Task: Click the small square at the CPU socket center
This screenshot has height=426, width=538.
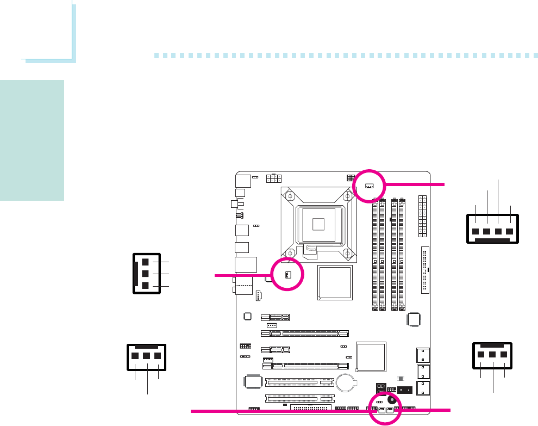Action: click(319, 223)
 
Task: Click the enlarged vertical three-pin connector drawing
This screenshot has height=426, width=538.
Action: click(146, 273)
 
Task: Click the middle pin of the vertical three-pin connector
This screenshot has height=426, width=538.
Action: click(146, 273)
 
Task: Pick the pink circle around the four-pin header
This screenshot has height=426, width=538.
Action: click(368, 186)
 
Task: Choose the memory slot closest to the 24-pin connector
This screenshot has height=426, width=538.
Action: click(402, 255)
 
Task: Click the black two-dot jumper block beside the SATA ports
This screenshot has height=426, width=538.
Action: click(404, 390)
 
